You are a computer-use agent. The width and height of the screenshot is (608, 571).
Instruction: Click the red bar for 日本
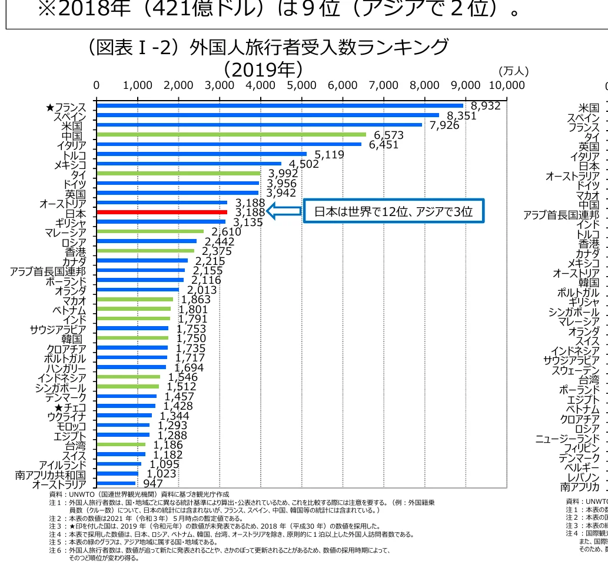[161, 212]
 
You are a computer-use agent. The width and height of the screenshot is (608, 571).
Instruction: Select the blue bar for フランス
[280, 106]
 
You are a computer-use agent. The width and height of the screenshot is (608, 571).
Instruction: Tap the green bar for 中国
[231, 134]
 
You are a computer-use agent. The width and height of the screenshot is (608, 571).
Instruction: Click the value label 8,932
[486, 106]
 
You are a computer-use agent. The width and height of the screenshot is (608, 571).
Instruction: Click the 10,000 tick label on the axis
[506, 85]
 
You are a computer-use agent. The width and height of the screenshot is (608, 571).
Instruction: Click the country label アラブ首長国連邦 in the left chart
[48, 271]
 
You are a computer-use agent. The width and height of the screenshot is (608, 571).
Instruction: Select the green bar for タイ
[178, 173]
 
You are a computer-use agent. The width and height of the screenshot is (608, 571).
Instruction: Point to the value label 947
[153, 484]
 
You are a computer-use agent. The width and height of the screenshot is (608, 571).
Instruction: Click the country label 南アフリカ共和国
[50, 474]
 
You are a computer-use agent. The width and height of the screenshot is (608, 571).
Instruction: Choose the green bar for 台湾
[121, 444]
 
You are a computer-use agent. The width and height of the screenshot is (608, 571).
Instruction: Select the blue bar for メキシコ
[188, 164]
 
